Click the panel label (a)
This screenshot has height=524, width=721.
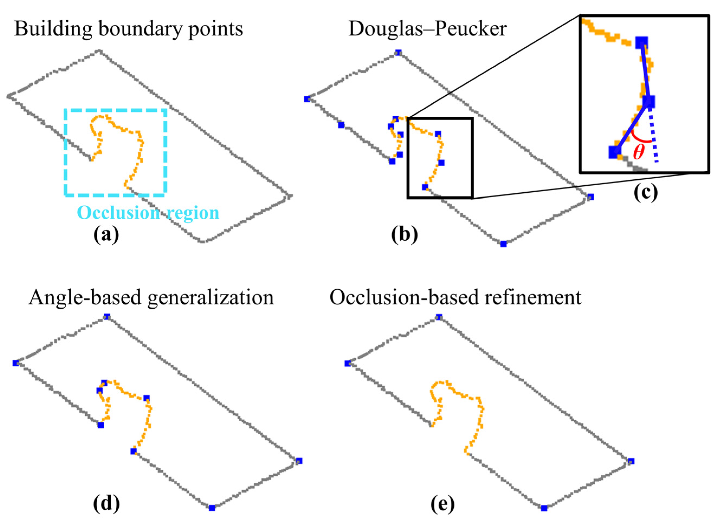(x=106, y=235)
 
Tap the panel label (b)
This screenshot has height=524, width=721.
(x=404, y=235)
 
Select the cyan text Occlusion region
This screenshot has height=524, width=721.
(x=148, y=213)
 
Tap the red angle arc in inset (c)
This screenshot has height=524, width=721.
(x=639, y=138)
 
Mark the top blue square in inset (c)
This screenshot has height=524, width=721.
(x=642, y=42)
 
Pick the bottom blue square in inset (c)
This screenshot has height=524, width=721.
(x=615, y=152)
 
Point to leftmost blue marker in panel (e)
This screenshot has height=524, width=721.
(x=347, y=363)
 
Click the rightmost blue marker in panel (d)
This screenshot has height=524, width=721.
(x=299, y=461)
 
